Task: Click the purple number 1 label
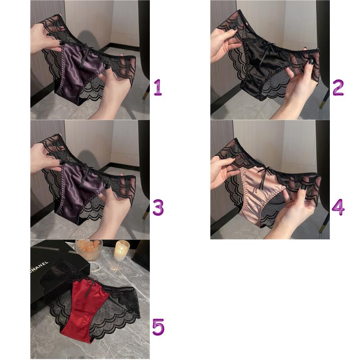(158, 87)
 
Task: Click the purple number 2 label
(338, 87)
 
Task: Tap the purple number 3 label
(158, 207)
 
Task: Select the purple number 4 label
(338, 207)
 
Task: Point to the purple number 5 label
(158, 327)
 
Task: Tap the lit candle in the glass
(121, 250)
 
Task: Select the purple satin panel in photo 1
(78, 73)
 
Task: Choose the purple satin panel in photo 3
(78, 193)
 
